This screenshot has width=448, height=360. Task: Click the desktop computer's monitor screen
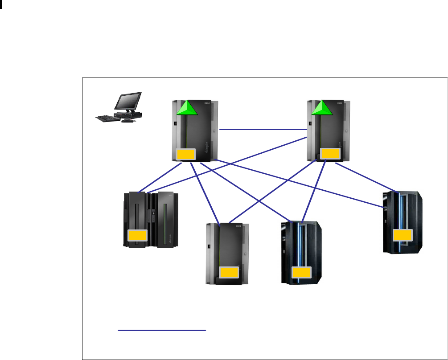pyautogui.click(x=128, y=102)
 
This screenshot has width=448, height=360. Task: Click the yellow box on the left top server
pyautogui.click(x=186, y=155)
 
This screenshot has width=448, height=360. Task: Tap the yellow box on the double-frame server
pyautogui.click(x=137, y=236)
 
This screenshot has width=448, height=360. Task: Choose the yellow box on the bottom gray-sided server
pyautogui.click(x=230, y=273)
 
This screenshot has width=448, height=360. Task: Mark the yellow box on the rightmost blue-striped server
pyautogui.click(x=402, y=236)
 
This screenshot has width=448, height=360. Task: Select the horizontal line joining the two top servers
pyautogui.click(x=263, y=130)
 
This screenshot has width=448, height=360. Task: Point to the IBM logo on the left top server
pyautogui.click(x=207, y=103)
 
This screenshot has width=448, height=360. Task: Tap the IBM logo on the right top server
pyautogui.click(x=340, y=103)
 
